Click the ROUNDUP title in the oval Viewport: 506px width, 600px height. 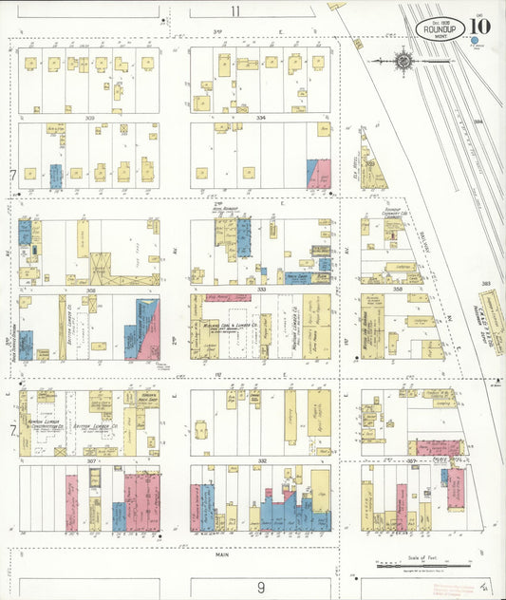tap(440, 28)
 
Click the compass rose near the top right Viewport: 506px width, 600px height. tap(404, 63)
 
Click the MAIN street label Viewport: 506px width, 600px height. tap(223, 554)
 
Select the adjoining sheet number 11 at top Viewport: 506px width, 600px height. tap(234, 11)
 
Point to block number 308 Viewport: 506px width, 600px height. tap(92, 290)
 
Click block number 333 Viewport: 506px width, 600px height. tap(260, 290)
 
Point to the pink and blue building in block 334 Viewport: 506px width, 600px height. tap(319, 174)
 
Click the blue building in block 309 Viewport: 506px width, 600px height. tap(55, 176)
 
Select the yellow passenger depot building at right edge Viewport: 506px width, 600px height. tap(492, 323)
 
